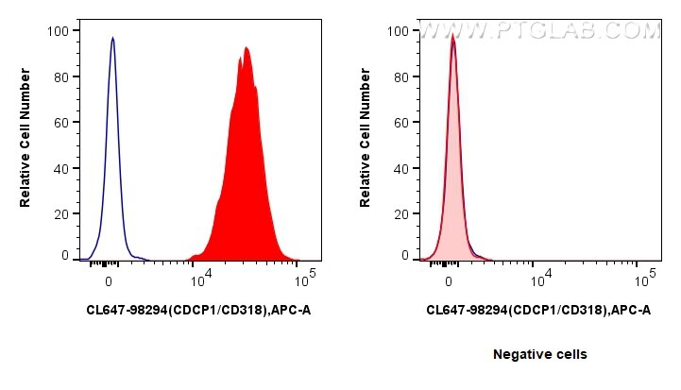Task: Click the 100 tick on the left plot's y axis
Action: click(x=58, y=30)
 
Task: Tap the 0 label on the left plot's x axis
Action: click(x=110, y=280)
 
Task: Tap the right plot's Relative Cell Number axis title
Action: click(x=366, y=142)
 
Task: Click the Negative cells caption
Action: click(x=539, y=354)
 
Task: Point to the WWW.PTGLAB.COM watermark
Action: click(x=538, y=31)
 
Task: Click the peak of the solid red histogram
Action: click(x=246, y=47)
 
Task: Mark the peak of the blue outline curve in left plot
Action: click(x=112, y=38)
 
